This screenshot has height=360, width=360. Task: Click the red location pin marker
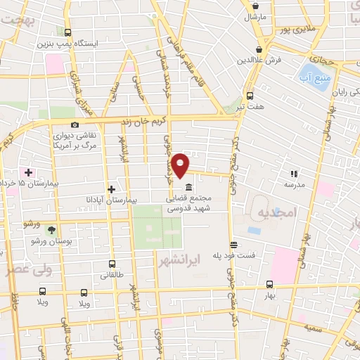181,165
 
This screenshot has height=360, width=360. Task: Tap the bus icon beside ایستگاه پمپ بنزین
67,32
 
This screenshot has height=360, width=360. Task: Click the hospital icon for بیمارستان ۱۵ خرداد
28,172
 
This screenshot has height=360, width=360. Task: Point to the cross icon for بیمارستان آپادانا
111,188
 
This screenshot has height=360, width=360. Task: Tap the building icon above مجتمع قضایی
188,188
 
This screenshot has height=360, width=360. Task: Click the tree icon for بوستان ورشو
51,229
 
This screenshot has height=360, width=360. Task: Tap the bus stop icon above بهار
269,285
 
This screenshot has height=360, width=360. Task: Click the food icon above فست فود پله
233,244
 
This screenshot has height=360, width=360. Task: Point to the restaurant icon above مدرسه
294,174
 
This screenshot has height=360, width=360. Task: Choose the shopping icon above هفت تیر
250,95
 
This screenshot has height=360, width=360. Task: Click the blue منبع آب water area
309,72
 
